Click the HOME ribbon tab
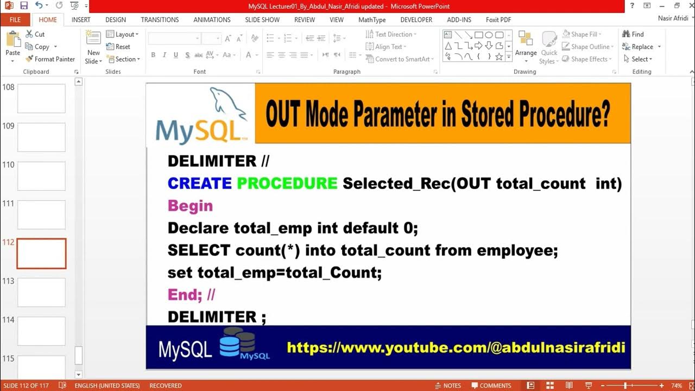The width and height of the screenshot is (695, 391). pyautogui.click(x=48, y=20)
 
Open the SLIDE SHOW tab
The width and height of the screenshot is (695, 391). pyautogui.click(x=262, y=20)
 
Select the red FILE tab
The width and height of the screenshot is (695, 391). pyautogui.click(x=15, y=20)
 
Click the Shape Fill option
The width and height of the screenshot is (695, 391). pyautogui.click(x=584, y=34)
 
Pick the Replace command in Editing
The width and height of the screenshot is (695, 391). pyautogui.click(x=642, y=47)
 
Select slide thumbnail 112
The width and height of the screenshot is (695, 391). pyautogui.click(x=41, y=254)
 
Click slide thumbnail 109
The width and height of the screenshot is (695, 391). pyautogui.click(x=41, y=137)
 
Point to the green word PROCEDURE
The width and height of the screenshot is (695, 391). pyautogui.click(x=287, y=184)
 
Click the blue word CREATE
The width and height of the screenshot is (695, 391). pyautogui.click(x=200, y=184)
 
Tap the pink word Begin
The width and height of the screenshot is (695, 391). pyautogui.click(x=190, y=206)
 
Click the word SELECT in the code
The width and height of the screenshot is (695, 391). pyautogui.click(x=199, y=250)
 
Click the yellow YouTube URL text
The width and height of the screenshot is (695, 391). pyautogui.click(x=456, y=348)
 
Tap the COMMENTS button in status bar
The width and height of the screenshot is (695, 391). pyautogui.click(x=491, y=386)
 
